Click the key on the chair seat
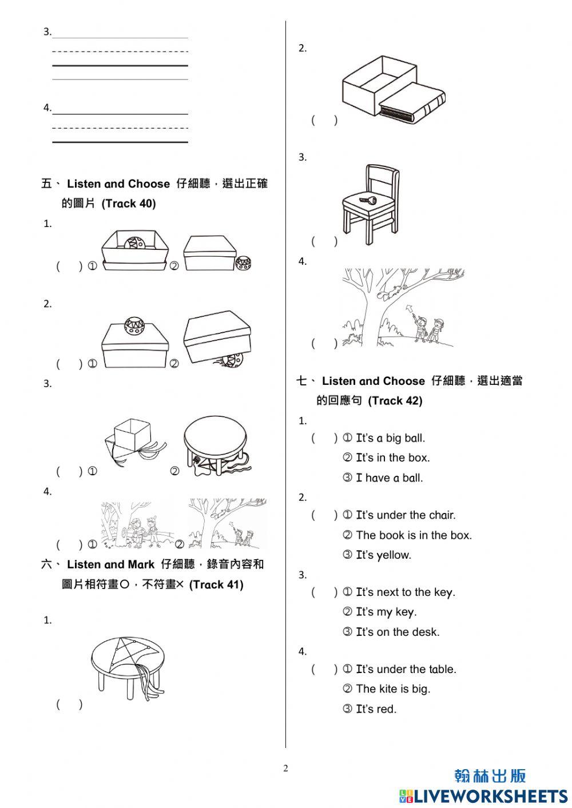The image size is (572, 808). (x=366, y=200)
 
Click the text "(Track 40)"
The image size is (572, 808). (x=129, y=204)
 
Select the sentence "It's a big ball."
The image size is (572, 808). (x=390, y=439)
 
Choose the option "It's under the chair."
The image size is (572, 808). (x=406, y=515)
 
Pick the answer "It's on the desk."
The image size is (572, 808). (x=398, y=632)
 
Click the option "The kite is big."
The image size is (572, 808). (x=393, y=689)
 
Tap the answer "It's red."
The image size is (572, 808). (x=376, y=709)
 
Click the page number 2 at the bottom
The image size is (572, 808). (x=286, y=769)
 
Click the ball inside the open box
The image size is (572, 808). (x=135, y=244)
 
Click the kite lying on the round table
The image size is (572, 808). (x=132, y=658)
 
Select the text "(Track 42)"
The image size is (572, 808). (x=395, y=401)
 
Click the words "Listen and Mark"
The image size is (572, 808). (x=110, y=565)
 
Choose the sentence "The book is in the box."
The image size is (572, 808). (x=414, y=535)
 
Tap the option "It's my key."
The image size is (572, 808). (x=386, y=612)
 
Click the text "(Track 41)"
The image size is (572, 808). (x=216, y=584)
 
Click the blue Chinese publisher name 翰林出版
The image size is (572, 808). (x=490, y=776)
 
